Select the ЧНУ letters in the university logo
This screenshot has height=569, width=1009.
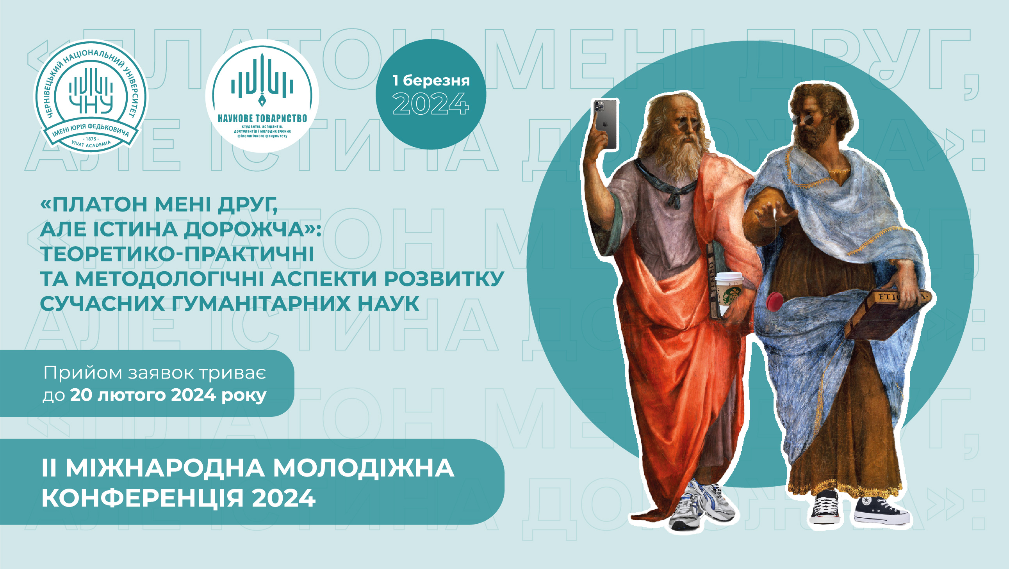[91, 105]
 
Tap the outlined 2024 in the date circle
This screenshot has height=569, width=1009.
[431, 104]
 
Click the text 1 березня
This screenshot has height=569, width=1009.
[431, 81]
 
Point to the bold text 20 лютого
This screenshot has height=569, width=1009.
[118, 395]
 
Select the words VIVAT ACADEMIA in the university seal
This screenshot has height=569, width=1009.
[91, 144]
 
